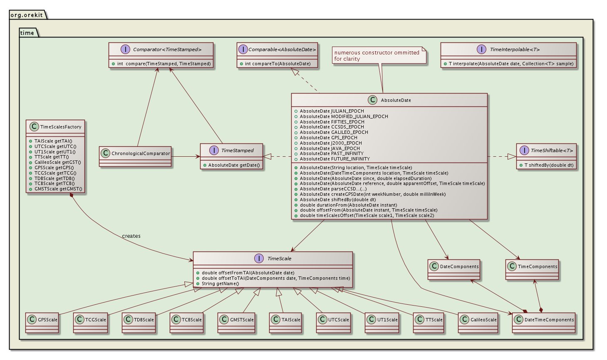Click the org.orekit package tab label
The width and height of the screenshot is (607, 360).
tap(27, 15)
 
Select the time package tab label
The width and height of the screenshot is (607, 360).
tap(27, 33)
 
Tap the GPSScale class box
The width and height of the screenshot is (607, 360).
tap(42, 323)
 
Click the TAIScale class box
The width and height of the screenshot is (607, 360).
tap(285, 323)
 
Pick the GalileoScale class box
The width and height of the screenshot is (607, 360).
tap(478, 323)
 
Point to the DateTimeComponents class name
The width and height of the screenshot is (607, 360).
tap(549, 320)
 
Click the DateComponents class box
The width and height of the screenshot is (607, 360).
tap(454, 270)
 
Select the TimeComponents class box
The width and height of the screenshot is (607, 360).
tap(532, 270)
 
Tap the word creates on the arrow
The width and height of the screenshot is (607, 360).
tap(131, 236)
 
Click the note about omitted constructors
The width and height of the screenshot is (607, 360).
tap(379, 55)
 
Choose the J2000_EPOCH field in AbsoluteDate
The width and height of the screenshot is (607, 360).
tap(331, 143)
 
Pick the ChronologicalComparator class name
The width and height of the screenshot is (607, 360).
tap(141, 153)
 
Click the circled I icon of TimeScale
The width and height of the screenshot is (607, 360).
tap(259, 259)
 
